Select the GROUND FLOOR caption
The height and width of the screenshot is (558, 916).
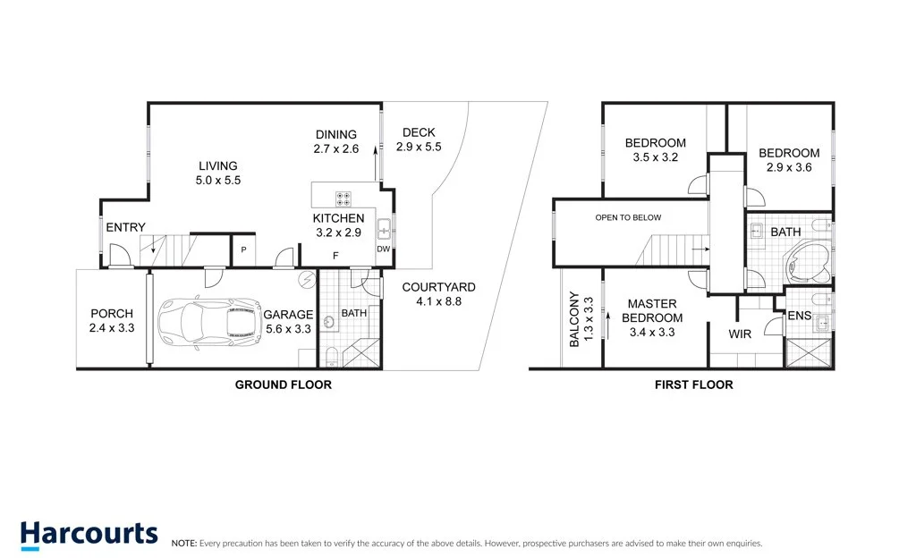[284, 385]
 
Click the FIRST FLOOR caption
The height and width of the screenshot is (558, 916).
[693, 385]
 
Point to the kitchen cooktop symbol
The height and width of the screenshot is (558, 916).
[343, 199]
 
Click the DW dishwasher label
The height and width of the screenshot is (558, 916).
[383, 249]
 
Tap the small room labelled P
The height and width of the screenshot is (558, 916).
[243, 249]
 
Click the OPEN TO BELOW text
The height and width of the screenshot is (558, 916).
[628, 217]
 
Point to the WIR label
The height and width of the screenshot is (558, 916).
[740, 334]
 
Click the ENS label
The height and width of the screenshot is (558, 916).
[799, 316]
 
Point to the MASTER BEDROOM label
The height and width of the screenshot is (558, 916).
[652, 311]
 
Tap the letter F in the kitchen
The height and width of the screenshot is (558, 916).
[336, 256]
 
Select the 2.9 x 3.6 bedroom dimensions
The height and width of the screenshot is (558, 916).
[789, 167]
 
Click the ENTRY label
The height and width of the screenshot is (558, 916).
[125, 228]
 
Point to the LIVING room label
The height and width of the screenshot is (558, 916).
[218, 166]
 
